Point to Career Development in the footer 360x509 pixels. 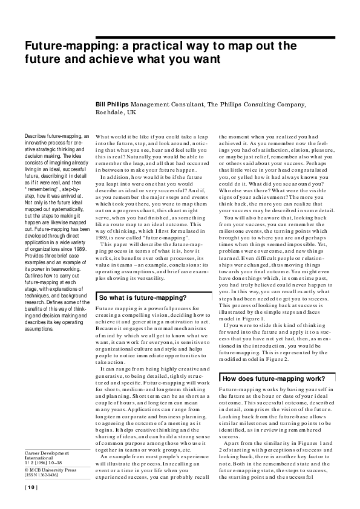click(x=47, y=453)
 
